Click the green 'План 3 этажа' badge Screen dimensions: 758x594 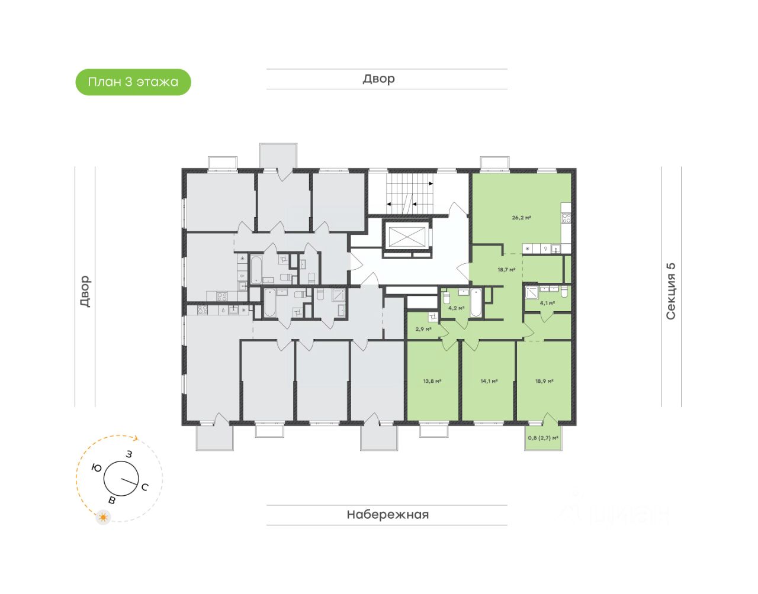click(x=133, y=82)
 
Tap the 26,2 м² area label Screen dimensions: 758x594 click(x=521, y=218)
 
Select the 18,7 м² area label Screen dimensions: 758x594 click(x=506, y=270)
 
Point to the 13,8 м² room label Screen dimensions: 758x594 click(x=432, y=382)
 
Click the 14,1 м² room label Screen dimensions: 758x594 click(x=489, y=382)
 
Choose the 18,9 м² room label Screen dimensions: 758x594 click(x=544, y=382)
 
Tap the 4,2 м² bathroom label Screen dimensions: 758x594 click(x=456, y=308)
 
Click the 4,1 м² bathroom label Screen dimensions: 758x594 click(x=547, y=304)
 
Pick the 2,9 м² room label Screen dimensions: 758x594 click(x=423, y=330)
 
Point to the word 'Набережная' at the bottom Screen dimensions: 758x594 click(x=387, y=515)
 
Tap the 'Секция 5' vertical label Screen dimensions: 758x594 click(x=671, y=291)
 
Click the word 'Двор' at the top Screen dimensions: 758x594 click(x=378, y=79)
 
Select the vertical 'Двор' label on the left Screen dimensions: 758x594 click(x=85, y=291)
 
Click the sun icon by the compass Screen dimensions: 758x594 click(x=104, y=518)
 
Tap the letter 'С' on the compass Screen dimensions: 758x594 click(x=144, y=487)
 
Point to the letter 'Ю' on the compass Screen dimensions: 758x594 click(x=97, y=468)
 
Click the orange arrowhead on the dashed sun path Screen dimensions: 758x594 click(x=136, y=438)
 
